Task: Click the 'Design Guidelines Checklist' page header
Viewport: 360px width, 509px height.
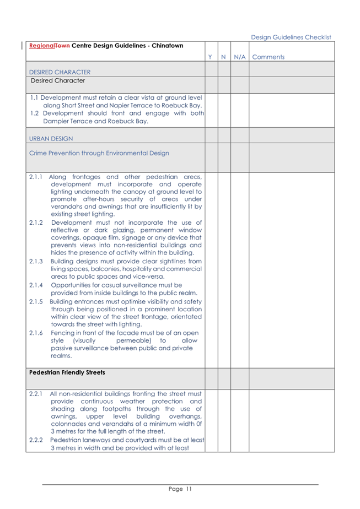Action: (x=291, y=37)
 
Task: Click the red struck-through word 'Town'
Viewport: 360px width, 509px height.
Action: (x=63, y=46)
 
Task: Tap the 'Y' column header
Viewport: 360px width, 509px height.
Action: (x=211, y=57)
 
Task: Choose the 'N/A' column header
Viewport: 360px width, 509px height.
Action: (x=239, y=57)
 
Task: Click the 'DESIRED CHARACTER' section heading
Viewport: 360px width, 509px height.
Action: (x=60, y=72)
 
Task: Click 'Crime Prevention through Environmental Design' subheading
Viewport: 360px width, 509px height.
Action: (x=99, y=153)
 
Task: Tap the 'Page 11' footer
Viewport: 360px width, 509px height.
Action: (x=180, y=489)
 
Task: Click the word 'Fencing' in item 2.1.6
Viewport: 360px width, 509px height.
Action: (x=63, y=333)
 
